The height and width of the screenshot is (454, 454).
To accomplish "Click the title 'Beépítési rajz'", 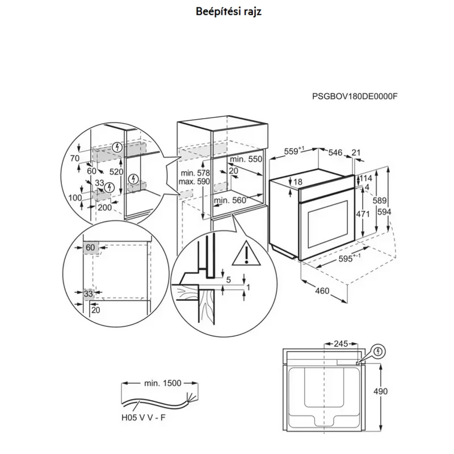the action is click(x=229, y=11).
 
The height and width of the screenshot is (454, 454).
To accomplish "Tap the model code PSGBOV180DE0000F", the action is click(x=355, y=96).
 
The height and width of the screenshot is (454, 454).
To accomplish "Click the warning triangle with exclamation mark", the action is click(x=246, y=253).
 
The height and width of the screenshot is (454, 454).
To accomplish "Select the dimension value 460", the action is click(x=322, y=291).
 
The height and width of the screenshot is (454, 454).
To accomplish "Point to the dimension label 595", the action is click(x=346, y=259).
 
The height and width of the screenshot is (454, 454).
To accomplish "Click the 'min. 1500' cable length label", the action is click(x=163, y=383).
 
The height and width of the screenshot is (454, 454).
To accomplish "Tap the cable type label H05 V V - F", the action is click(x=144, y=418).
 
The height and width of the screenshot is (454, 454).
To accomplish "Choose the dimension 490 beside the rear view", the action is click(x=380, y=392).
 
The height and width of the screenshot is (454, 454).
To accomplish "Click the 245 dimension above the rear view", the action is click(x=341, y=344).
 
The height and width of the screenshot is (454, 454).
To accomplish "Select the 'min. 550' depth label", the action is click(x=246, y=159).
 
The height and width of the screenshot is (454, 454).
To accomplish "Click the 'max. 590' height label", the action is click(x=194, y=182).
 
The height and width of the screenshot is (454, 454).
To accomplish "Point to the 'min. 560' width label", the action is click(x=230, y=200).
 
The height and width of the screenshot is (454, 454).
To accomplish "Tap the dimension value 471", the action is click(x=363, y=214).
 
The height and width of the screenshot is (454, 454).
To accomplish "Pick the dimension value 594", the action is click(x=384, y=212).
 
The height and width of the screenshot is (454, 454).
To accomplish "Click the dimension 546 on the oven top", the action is click(x=335, y=153).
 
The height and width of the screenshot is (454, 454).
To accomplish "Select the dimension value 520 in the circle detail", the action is click(x=116, y=172).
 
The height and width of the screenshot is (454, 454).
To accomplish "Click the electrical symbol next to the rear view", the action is click(x=379, y=352).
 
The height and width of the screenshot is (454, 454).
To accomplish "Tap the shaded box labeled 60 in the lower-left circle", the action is click(x=91, y=247).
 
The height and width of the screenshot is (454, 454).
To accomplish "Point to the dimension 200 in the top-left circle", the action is click(x=104, y=207).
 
